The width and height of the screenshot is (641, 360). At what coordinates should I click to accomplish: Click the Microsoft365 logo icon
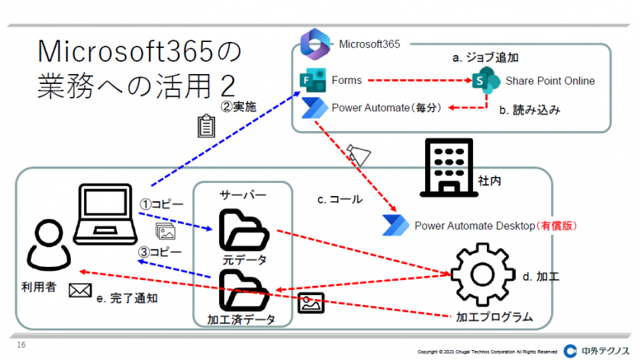pyautogui.click(x=314, y=43)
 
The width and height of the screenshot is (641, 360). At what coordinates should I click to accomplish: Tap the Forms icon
pyautogui.click(x=313, y=80)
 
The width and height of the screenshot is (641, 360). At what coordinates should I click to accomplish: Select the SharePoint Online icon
pyautogui.click(x=485, y=80)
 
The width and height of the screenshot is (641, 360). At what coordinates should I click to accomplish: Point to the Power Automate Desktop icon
pyautogui.click(x=398, y=225)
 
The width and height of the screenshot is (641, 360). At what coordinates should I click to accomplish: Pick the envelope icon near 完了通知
pyautogui.click(x=79, y=290)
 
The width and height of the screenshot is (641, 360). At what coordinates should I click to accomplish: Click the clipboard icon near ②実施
pyautogui.click(x=204, y=127)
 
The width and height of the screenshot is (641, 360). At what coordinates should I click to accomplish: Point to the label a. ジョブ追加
pyautogui.click(x=487, y=57)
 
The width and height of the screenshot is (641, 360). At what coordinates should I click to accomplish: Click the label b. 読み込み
pyautogui.click(x=530, y=110)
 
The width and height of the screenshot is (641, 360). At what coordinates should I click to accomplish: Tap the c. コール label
pyautogui.click(x=340, y=199)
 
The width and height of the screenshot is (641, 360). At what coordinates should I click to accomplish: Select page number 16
pyautogui.click(x=21, y=346)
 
